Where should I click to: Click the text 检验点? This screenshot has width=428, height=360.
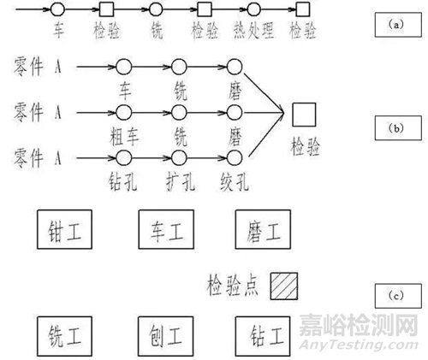click(x=233, y=286)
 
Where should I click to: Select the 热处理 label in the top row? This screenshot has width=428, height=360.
click(x=253, y=31)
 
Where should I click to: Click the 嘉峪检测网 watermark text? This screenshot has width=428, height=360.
click(x=358, y=325)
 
